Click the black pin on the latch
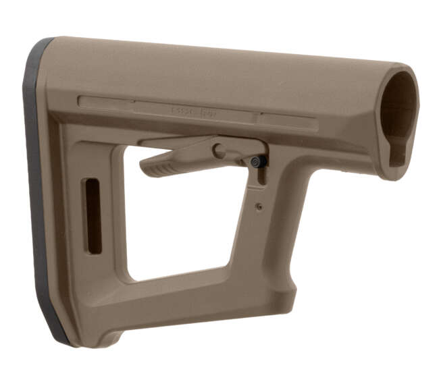257,162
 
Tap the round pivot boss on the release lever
219,150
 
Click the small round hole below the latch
258,207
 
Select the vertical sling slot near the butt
93,216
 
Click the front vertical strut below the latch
267,236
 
